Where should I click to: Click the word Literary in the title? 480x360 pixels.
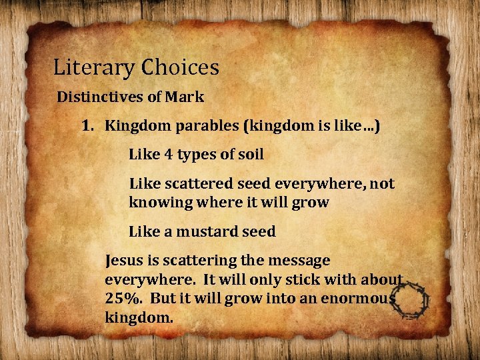pos(85,68)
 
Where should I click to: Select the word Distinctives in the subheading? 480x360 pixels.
pos(100,97)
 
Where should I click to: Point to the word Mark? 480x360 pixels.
pos(185,97)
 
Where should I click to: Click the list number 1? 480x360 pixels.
pos(87,125)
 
